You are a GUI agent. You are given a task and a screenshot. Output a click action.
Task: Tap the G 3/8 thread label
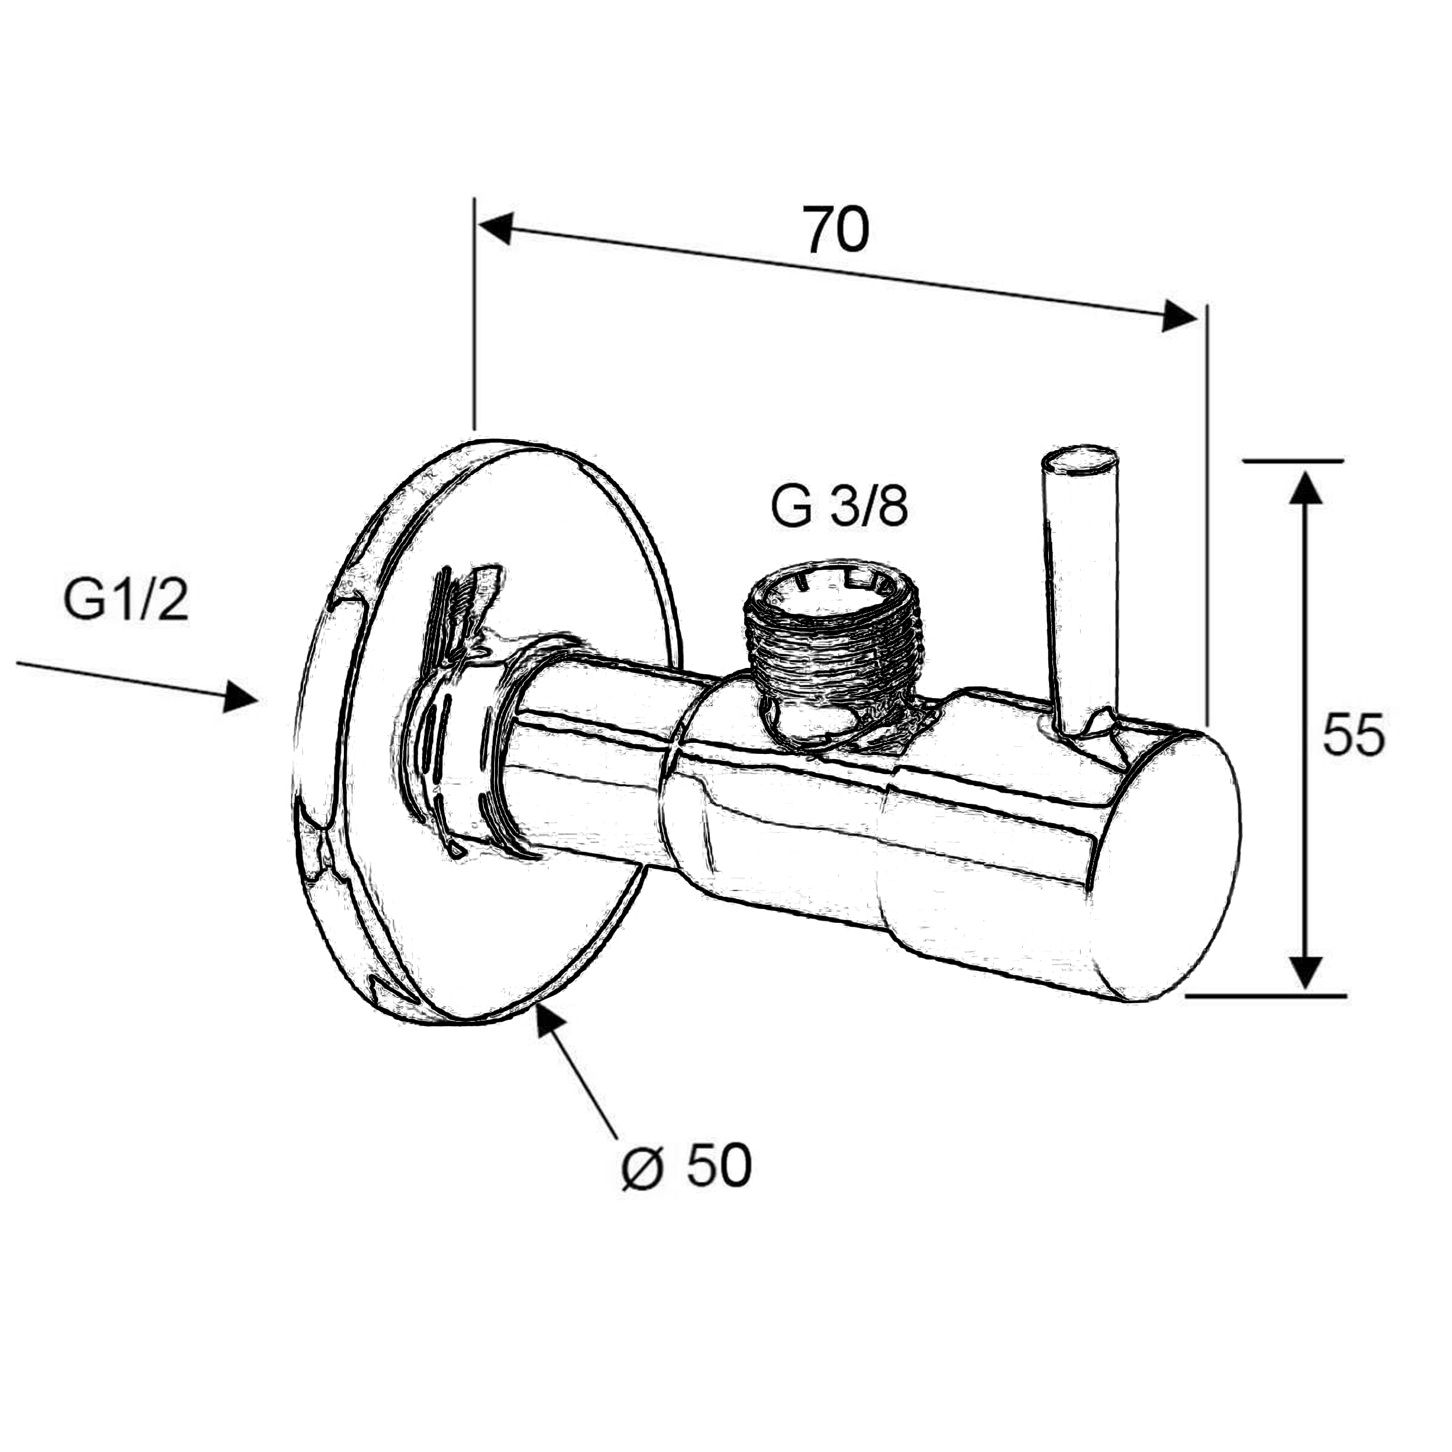click(x=839, y=509)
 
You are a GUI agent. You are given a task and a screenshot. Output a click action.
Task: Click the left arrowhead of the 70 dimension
click(x=496, y=228)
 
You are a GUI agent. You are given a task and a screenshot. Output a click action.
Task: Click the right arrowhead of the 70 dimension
click(x=1178, y=315)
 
